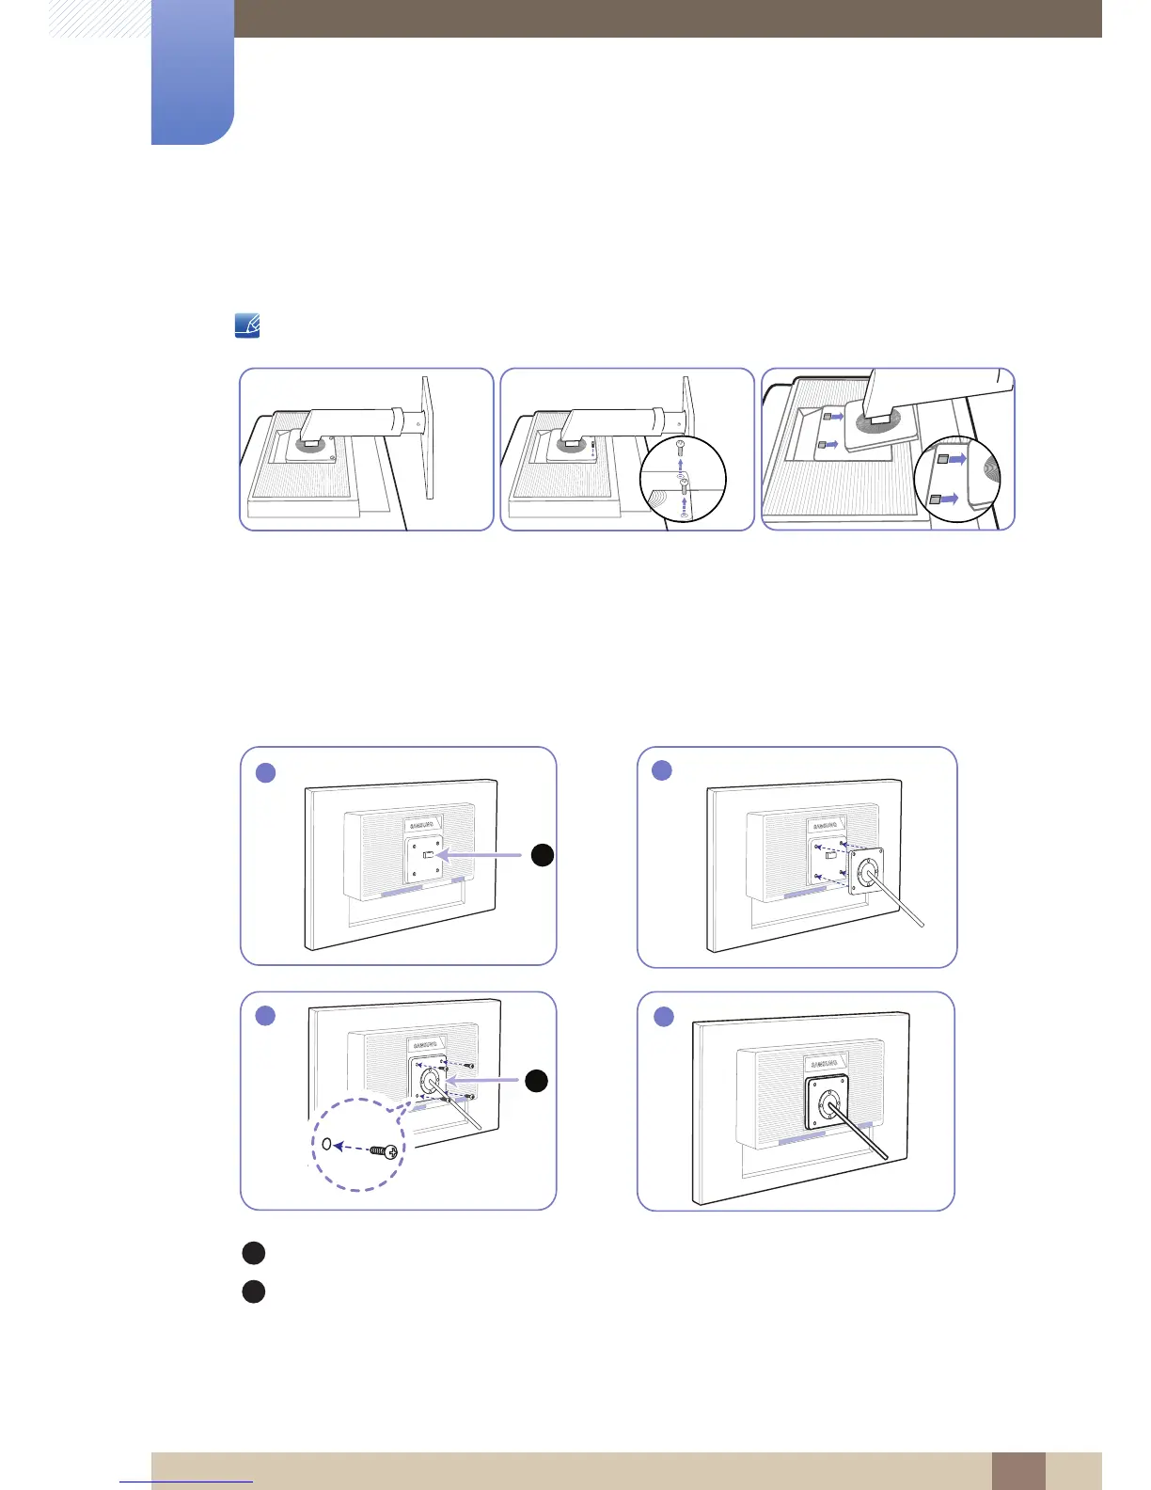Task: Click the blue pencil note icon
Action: (x=246, y=326)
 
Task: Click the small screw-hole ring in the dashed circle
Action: (x=326, y=1145)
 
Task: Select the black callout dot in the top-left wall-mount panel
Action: (x=542, y=855)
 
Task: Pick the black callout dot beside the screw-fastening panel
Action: (x=536, y=1081)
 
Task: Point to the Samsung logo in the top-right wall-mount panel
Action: (x=828, y=825)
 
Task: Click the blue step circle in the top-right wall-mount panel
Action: (x=662, y=770)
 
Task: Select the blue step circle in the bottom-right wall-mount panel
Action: (x=664, y=1017)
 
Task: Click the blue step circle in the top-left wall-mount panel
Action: (x=266, y=772)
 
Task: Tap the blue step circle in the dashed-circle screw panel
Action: (x=266, y=1016)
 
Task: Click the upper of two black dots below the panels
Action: (x=253, y=1253)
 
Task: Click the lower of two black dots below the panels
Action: (x=253, y=1292)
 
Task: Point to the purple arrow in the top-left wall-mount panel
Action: (x=481, y=855)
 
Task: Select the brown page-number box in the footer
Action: (x=1017, y=1470)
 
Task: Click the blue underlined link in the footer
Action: (x=186, y=1482)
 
